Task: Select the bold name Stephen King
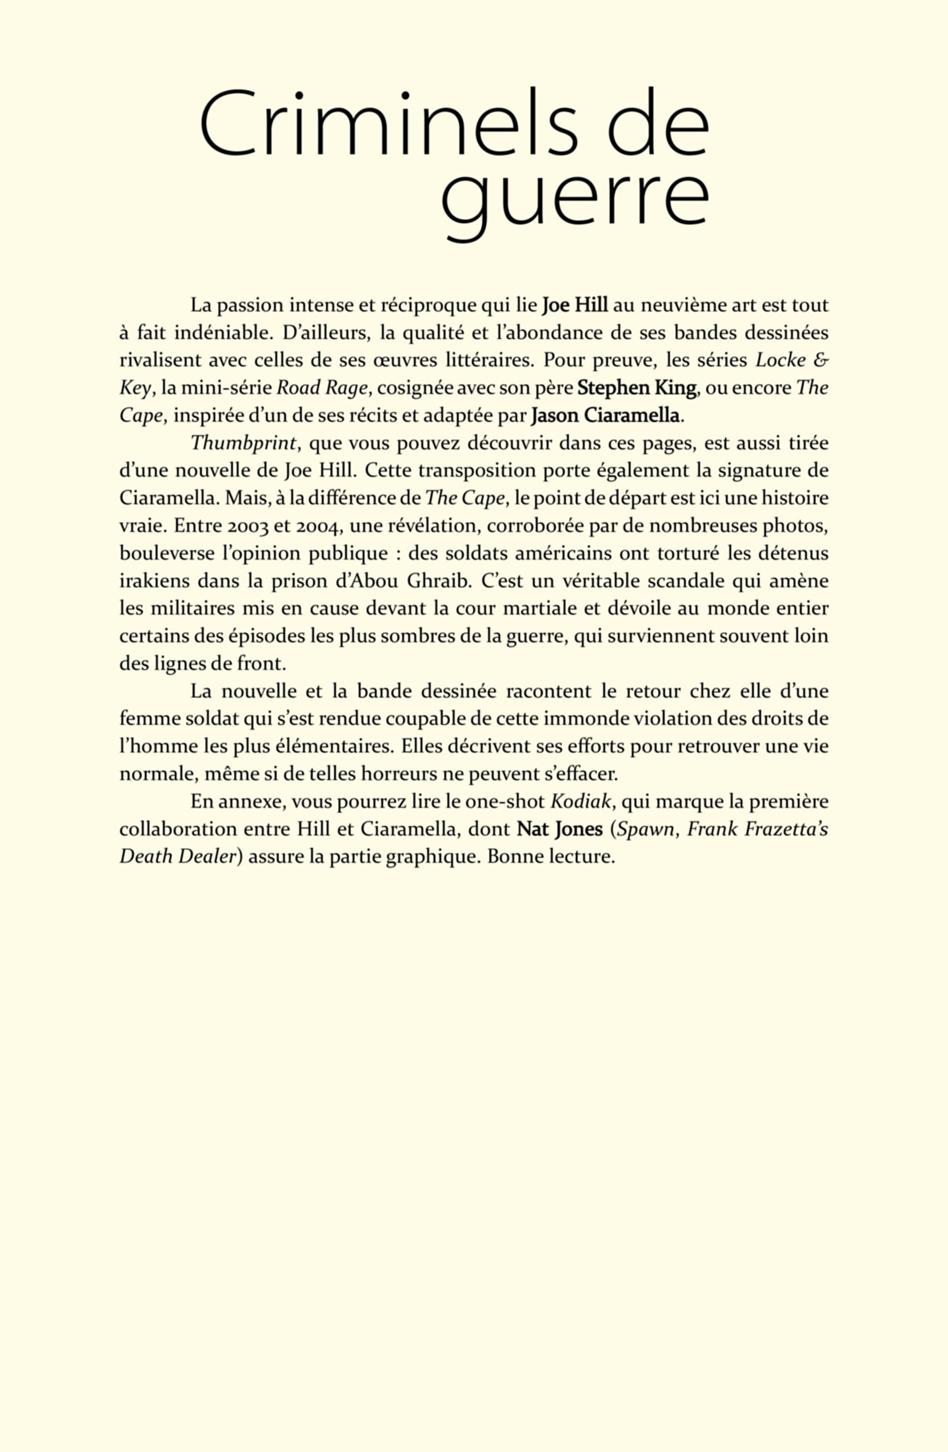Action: [636, 387]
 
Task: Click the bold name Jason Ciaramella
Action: [605, 416]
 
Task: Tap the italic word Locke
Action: [780, 360]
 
